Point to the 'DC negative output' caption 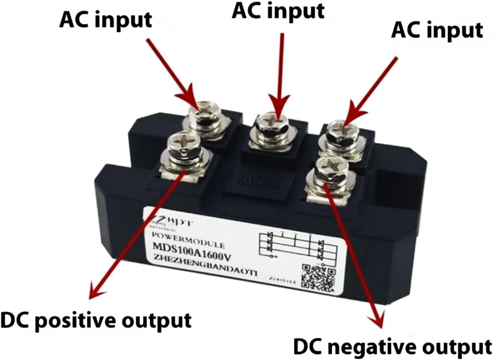tap(392, 346)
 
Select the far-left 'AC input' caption tap(105, 19)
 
